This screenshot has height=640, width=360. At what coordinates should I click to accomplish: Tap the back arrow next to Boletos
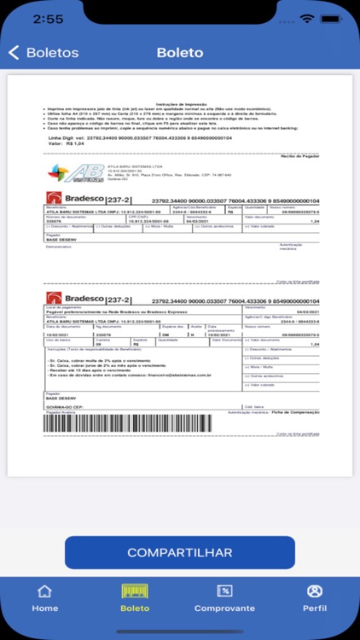click(13, 53)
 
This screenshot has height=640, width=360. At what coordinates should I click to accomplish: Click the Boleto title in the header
click(180, 53)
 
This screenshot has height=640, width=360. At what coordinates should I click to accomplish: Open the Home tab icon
click(44, 591)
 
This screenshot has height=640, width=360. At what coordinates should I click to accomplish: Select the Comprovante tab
click(224, 591)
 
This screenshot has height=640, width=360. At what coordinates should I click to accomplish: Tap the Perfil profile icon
click(315, 591)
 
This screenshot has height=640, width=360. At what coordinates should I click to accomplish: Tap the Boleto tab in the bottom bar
click(135, 596)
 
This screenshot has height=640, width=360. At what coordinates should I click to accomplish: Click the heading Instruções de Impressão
click(181, 102)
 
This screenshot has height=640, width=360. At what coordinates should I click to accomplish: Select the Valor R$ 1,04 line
click(63, 144)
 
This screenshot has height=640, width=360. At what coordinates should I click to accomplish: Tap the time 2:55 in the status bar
click(26, 18)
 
